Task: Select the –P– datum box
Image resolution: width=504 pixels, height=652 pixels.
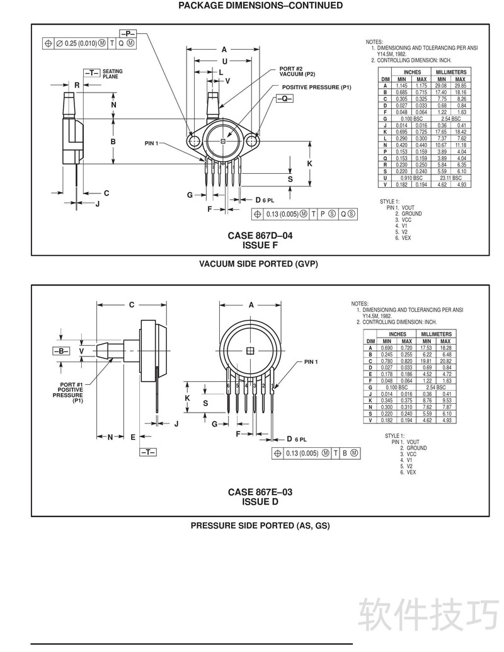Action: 128,32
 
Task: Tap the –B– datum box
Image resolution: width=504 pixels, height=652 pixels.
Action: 61,350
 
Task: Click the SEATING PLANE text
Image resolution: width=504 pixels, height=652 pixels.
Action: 112,74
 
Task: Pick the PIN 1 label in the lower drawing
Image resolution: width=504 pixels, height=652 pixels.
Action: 311,362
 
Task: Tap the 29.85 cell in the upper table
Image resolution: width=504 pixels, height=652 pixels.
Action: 461,86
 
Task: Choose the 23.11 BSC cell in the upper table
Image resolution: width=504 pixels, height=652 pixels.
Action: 451,178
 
